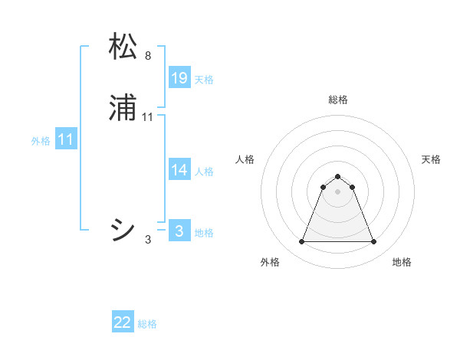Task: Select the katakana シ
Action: click(123, 229)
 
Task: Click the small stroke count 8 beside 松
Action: click(147, 56)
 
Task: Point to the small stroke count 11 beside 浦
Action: click(148, 117)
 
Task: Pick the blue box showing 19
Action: click(179, 78)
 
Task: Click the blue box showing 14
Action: click(179, 170)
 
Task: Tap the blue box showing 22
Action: click(123, 322)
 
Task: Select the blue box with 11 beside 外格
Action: click(66, 139)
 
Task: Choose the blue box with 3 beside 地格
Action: click(179, 231)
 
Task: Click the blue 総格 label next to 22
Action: click(147, 324)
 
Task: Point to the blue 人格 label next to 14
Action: click(205, 172)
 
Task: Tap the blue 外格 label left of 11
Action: click(41, 141)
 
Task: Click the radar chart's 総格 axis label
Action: click(337, 100)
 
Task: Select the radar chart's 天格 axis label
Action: click(431, 159)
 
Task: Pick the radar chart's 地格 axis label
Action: click(402, 262)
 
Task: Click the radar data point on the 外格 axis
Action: click(301, 242)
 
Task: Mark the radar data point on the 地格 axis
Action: click(374, 242)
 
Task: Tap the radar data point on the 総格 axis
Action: click(337, 176)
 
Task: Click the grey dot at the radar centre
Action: click(337, 191)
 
